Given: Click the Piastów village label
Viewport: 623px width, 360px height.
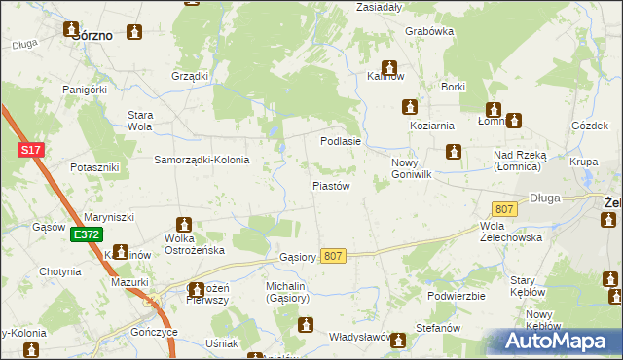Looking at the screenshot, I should pyautogui.click(x=330, y=185).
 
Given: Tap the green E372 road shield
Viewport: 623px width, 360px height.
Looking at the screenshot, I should pyautogui.click(x=85, y=234).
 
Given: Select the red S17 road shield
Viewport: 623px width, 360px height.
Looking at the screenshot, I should pyautogui.click(x=31, y=150).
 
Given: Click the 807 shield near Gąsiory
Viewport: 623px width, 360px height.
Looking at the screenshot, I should pyautogui.click(x=333, y=255).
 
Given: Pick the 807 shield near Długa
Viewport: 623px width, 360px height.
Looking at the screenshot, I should pyautogui.click(x=503, y=209).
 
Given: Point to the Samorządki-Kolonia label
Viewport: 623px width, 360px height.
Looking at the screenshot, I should pyautogui.click(x=202, y=160).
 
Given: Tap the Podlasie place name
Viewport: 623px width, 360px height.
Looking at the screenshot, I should pyautogui.click(x=341, y=141).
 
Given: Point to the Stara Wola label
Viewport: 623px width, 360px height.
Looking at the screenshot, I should pyautogui.click(x=140, y=121).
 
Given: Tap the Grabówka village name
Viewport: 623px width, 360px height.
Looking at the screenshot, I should pyautogui.click(x=429, y=31).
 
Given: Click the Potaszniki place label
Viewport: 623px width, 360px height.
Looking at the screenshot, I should pyautogui.click(x=94, y=167).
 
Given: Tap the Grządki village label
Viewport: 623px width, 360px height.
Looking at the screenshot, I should pyautogui.click(x=190, y=76).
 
